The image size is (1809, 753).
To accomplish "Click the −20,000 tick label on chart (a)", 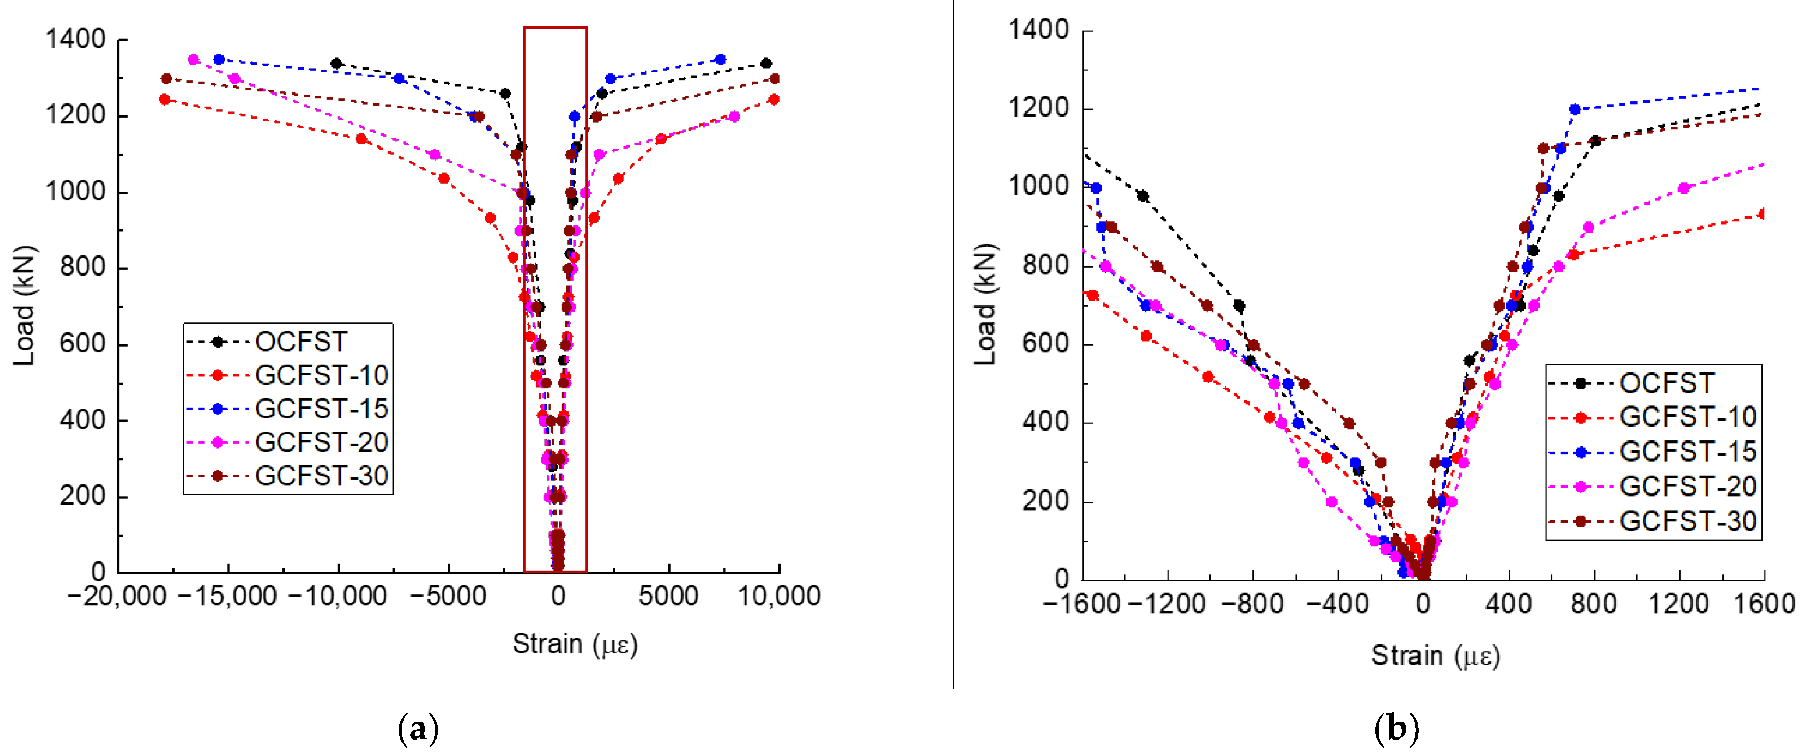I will click(x=117, y=596).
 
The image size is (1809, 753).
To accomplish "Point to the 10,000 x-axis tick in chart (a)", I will click(x=779, y=596).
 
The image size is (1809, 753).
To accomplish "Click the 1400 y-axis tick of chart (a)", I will click(x=75, y=40).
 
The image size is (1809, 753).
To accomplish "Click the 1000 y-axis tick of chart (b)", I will click(x=1038, y=187).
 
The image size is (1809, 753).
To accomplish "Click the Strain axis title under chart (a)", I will click(x=575, y=644).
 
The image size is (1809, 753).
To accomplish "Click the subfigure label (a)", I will click(x=418, y=729).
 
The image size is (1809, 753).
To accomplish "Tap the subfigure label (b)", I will click(x=1396, y=729).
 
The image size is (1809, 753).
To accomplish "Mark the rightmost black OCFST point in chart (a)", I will click(x=766, y=64).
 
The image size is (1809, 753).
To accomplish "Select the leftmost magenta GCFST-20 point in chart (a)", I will click(x=194, y=60).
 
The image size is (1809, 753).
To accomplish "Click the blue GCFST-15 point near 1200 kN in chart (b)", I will click(x=1574, y=110).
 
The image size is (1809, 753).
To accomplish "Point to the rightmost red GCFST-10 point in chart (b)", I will click(x=1761, y=214).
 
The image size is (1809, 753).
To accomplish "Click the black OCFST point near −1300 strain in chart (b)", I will click(x=1142, y=196).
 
